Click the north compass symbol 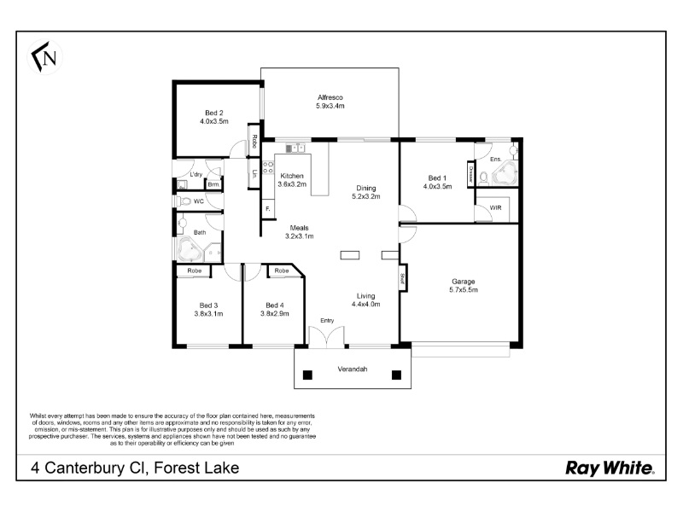click(x=45, y=57)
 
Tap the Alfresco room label click(x=330, y=97)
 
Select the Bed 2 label click(x=214, y=113)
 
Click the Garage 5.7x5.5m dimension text click(x=464, y=290)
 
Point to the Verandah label click(x=353, y=369)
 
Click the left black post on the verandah click(x=307, y=375)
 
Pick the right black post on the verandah click(x=396, y=375)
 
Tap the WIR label click(x=496, y=208)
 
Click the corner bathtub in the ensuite click(x=504, y=174)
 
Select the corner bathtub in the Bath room click(x=189, y=249)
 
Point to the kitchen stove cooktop click(x=268, y=167)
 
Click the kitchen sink click(x=295, y=148)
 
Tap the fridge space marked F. click(x=267, y=209)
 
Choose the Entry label click(x=327, y=321)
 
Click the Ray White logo click(x=610, y=468)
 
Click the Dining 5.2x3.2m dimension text click(x=366, y=196)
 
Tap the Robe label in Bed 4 click(x=282, y=271)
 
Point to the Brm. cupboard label click(x=213, y=184)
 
